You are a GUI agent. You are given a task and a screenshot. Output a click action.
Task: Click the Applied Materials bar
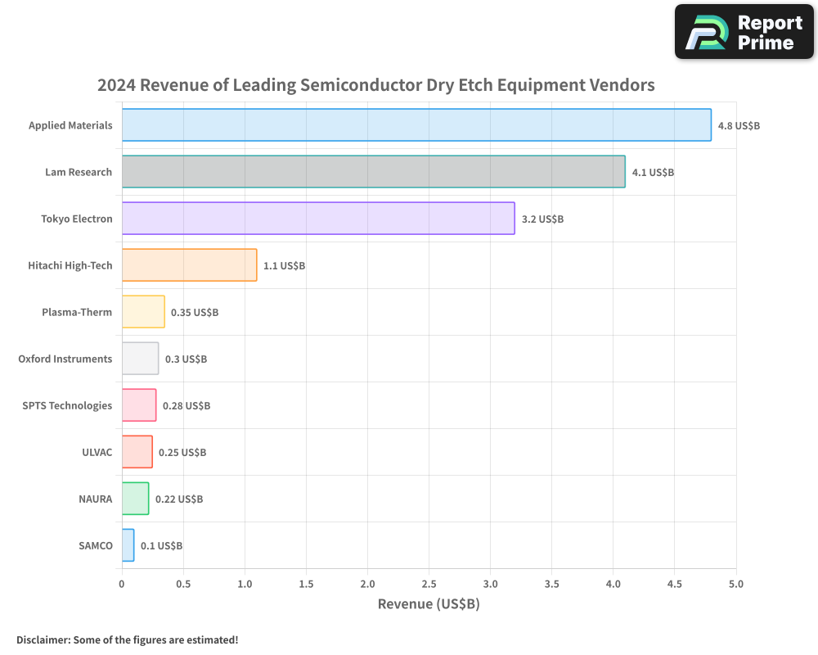(416, 125)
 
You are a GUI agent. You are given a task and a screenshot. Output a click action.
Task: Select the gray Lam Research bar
(373, 172)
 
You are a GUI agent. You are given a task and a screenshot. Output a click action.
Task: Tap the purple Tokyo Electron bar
(318, 219)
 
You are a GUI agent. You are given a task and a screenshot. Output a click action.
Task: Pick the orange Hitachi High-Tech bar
(189, 265)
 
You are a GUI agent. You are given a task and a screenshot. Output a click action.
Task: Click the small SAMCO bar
(128, 545)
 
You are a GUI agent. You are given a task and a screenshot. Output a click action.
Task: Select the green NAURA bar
(135, 499)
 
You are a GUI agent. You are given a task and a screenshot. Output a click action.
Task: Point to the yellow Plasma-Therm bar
(143, 312)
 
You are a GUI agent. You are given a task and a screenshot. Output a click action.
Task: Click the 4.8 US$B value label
(739, 126)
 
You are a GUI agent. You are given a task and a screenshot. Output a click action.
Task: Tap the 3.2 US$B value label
(542, 219)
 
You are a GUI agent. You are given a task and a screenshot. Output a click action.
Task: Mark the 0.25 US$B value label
(182, 453)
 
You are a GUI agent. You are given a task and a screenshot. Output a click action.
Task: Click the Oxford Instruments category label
(65, 359)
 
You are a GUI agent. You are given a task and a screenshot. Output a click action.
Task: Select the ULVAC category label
(97, 452)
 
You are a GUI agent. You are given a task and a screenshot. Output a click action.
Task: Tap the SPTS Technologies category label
(67, 405)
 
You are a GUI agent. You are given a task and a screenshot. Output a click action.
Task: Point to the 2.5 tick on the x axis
(429, 585)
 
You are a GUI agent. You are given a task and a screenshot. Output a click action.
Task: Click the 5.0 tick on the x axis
(735, 585)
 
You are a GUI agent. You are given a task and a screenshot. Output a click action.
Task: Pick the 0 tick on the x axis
(122, 585)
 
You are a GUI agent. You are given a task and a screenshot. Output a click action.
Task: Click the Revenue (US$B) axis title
(429, 604)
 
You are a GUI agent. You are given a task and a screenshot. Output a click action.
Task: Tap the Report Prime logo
(744, 32)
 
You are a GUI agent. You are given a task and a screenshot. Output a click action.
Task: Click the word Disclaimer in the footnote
(42, 640)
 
